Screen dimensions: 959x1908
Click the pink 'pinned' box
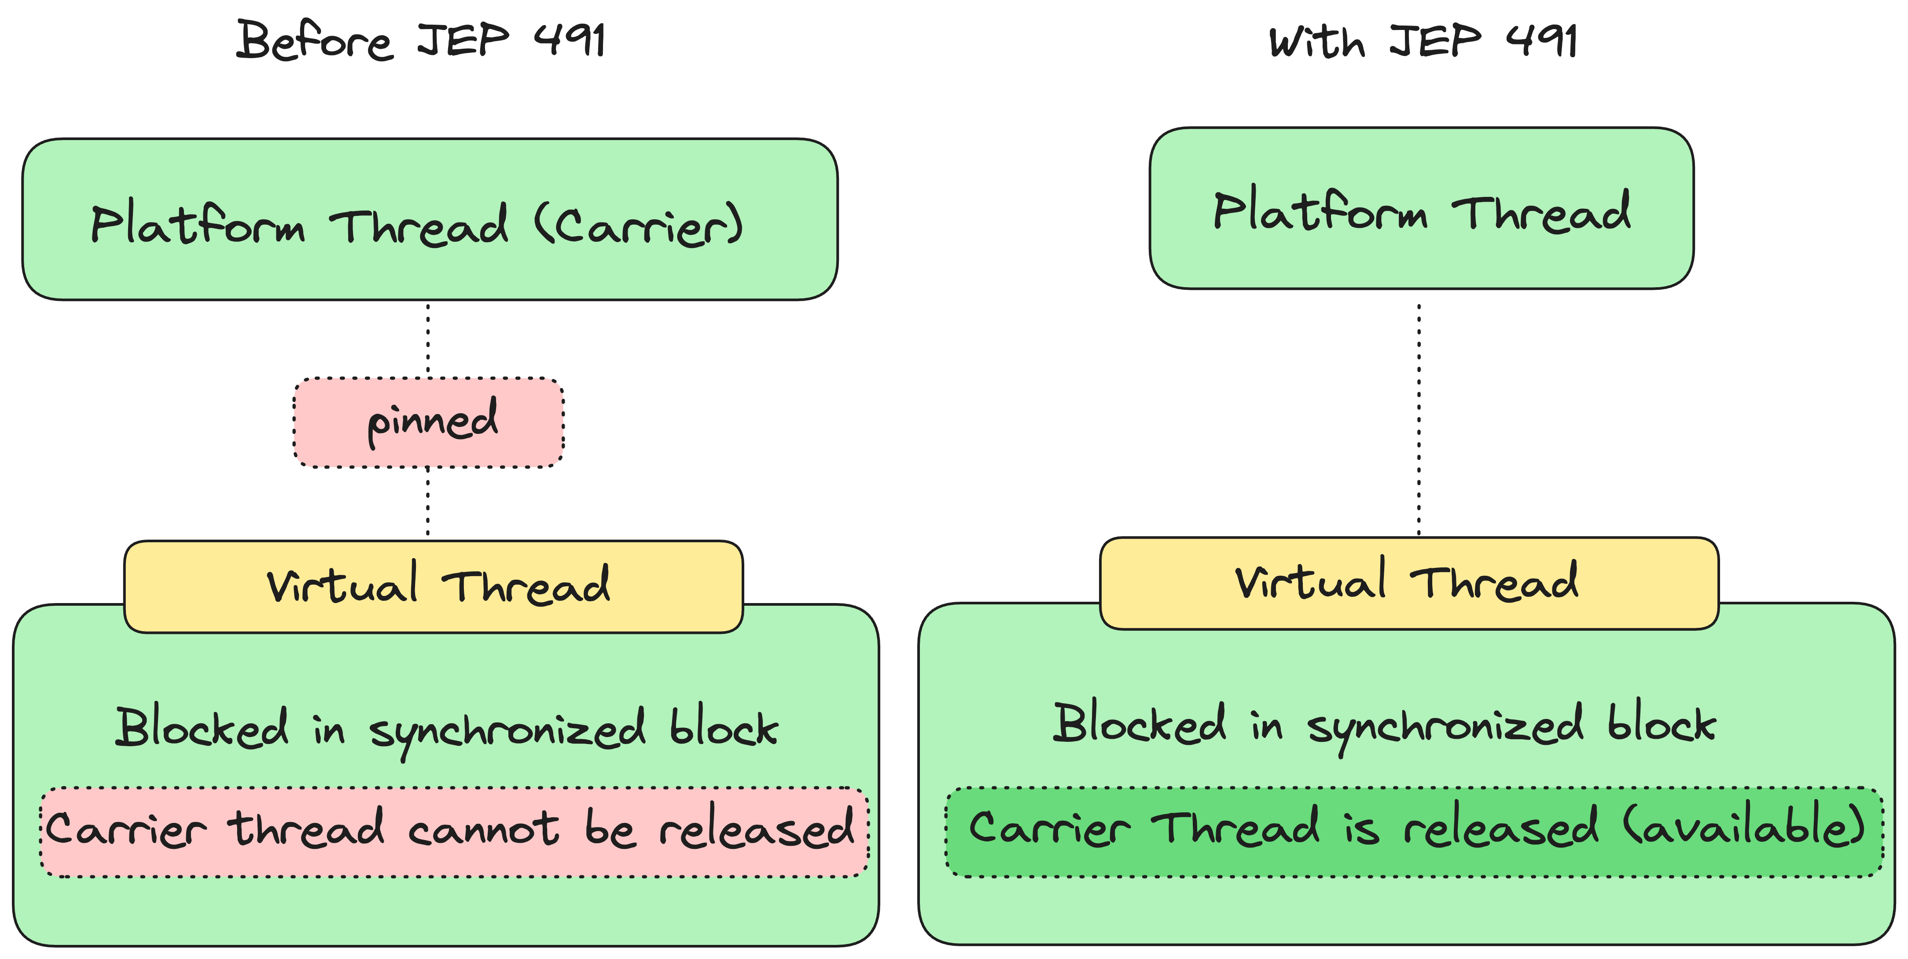[x=428, y=422]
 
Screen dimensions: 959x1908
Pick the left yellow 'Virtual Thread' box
[x=433, y=587]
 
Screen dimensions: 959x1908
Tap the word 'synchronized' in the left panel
[x=507, y=730]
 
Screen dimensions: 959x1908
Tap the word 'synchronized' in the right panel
[x=1445, y=727]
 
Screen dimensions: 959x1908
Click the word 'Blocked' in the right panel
[x=1139, y=724]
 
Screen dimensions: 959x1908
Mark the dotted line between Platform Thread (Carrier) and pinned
[x=428, y=340]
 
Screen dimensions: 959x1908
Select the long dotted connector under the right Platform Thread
[x=1419, y=415]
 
